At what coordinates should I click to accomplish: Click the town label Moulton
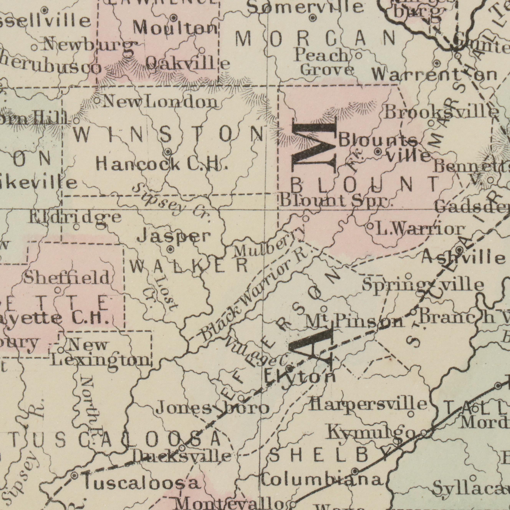(x=176, y=28)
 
